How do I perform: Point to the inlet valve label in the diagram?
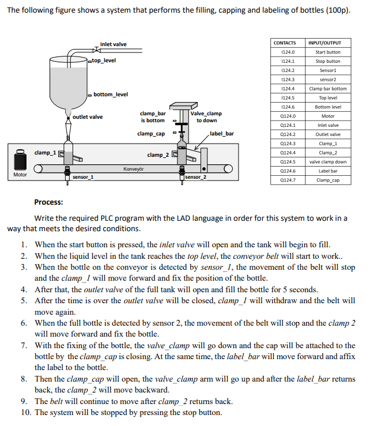113,44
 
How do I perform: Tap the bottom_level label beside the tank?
111,94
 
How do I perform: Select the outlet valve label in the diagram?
88,117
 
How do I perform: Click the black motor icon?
20,159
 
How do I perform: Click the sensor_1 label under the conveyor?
83,177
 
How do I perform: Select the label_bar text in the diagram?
222,134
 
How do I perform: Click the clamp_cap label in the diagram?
150,134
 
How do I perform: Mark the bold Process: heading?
48,202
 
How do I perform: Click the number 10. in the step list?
27,412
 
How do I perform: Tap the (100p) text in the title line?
337,11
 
